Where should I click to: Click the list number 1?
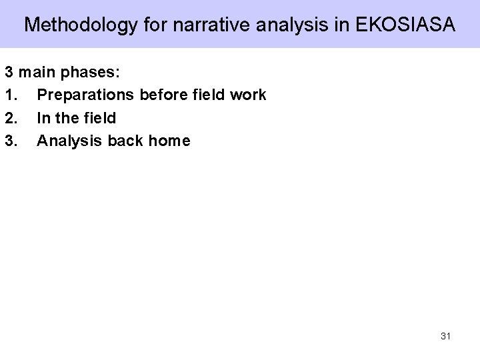(9, 95)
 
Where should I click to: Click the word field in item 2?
(99, 118)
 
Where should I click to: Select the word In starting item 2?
(43, 118)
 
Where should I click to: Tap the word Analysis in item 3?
(65, 141)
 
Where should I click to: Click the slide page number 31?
(445, 336)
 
